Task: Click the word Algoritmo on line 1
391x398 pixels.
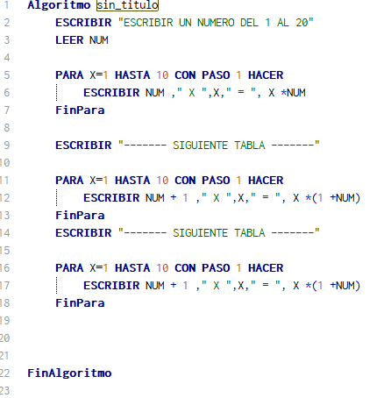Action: pos(59,5)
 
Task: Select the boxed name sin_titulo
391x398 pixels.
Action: pos(127,5)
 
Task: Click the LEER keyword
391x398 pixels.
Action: pos(69,40)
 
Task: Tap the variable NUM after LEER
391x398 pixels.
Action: pos(99,40)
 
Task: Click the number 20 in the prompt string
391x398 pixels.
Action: pos(302,23)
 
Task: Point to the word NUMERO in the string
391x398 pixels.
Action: pos(216,23)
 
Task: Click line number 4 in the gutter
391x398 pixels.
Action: pos(7,58)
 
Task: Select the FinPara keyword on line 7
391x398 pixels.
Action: pos(80,110)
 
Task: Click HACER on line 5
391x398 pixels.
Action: pos(266,75)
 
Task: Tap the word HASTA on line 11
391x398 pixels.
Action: pos(132,181)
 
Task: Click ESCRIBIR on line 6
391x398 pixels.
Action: pos(111,93)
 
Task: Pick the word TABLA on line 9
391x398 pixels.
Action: pos(250,146)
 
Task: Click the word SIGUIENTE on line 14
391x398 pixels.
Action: pos(200,233)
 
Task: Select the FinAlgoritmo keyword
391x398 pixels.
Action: pos(69,373)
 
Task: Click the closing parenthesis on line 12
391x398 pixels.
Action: pos(358,198)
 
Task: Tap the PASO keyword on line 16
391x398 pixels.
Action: pos(216,268)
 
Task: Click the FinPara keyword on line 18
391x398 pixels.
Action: pos(80,303)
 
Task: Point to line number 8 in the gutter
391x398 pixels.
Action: pos(7,128)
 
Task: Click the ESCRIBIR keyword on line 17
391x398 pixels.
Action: pos(111,286)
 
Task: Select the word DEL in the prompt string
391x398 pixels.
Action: pos(249,23)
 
